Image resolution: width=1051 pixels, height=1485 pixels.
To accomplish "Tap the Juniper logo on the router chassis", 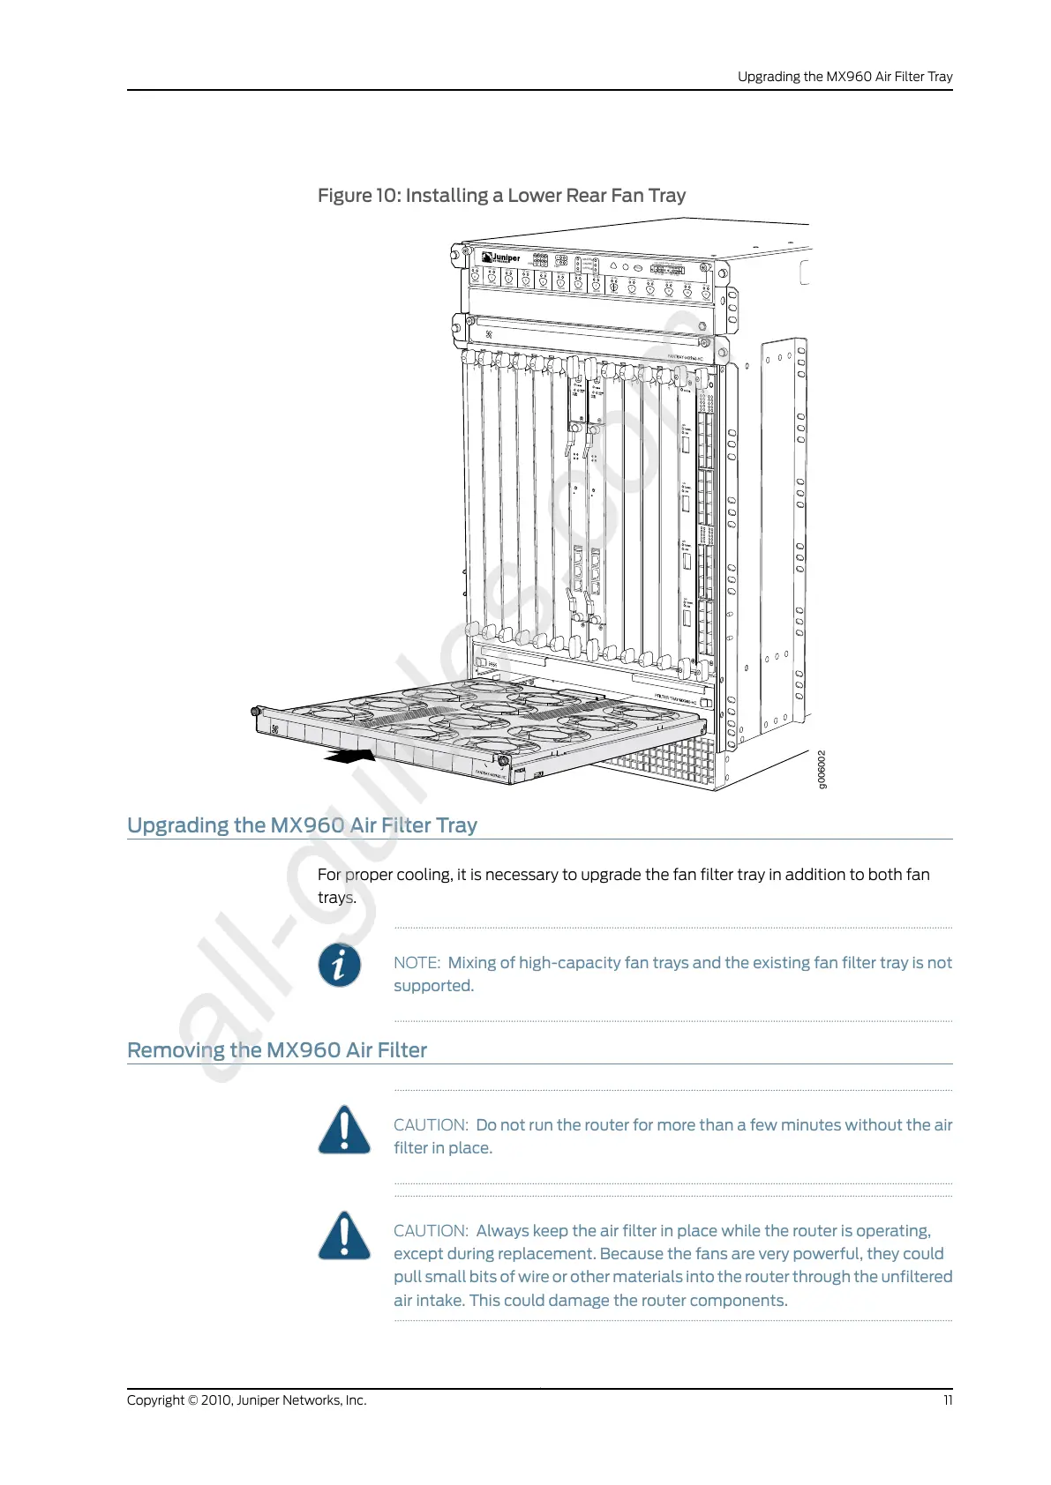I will pyautogui.click(x=502, y=257).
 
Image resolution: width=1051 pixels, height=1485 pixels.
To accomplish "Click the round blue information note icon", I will pyautogui.click(x=340, y=965).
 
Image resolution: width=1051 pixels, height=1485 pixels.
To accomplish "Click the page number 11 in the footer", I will pyautogui.click(x=948, y=1400).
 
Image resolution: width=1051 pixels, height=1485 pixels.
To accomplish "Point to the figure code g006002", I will pyautogui.click(x=822, y=770).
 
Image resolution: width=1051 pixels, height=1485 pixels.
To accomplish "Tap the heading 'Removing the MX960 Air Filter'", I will pyautogui.click(x=277, y=1050).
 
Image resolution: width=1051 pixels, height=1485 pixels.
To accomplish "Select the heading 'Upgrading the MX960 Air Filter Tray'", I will pyautogui.click(x=302, y=825).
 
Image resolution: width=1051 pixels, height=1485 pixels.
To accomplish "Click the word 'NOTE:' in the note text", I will pyautogui.click(x=417, y=963).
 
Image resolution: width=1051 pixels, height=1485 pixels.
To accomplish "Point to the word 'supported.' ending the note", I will pyautogui.click(x=433, y=986).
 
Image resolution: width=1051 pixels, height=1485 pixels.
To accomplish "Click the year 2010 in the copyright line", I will pyautogui.click(x=216, y=1400).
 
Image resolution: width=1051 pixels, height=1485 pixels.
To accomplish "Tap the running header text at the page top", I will pyautogui.click(x=845, y=77).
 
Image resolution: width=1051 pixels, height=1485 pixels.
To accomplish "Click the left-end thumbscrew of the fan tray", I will pyautogui.click(x=256, y=711).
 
